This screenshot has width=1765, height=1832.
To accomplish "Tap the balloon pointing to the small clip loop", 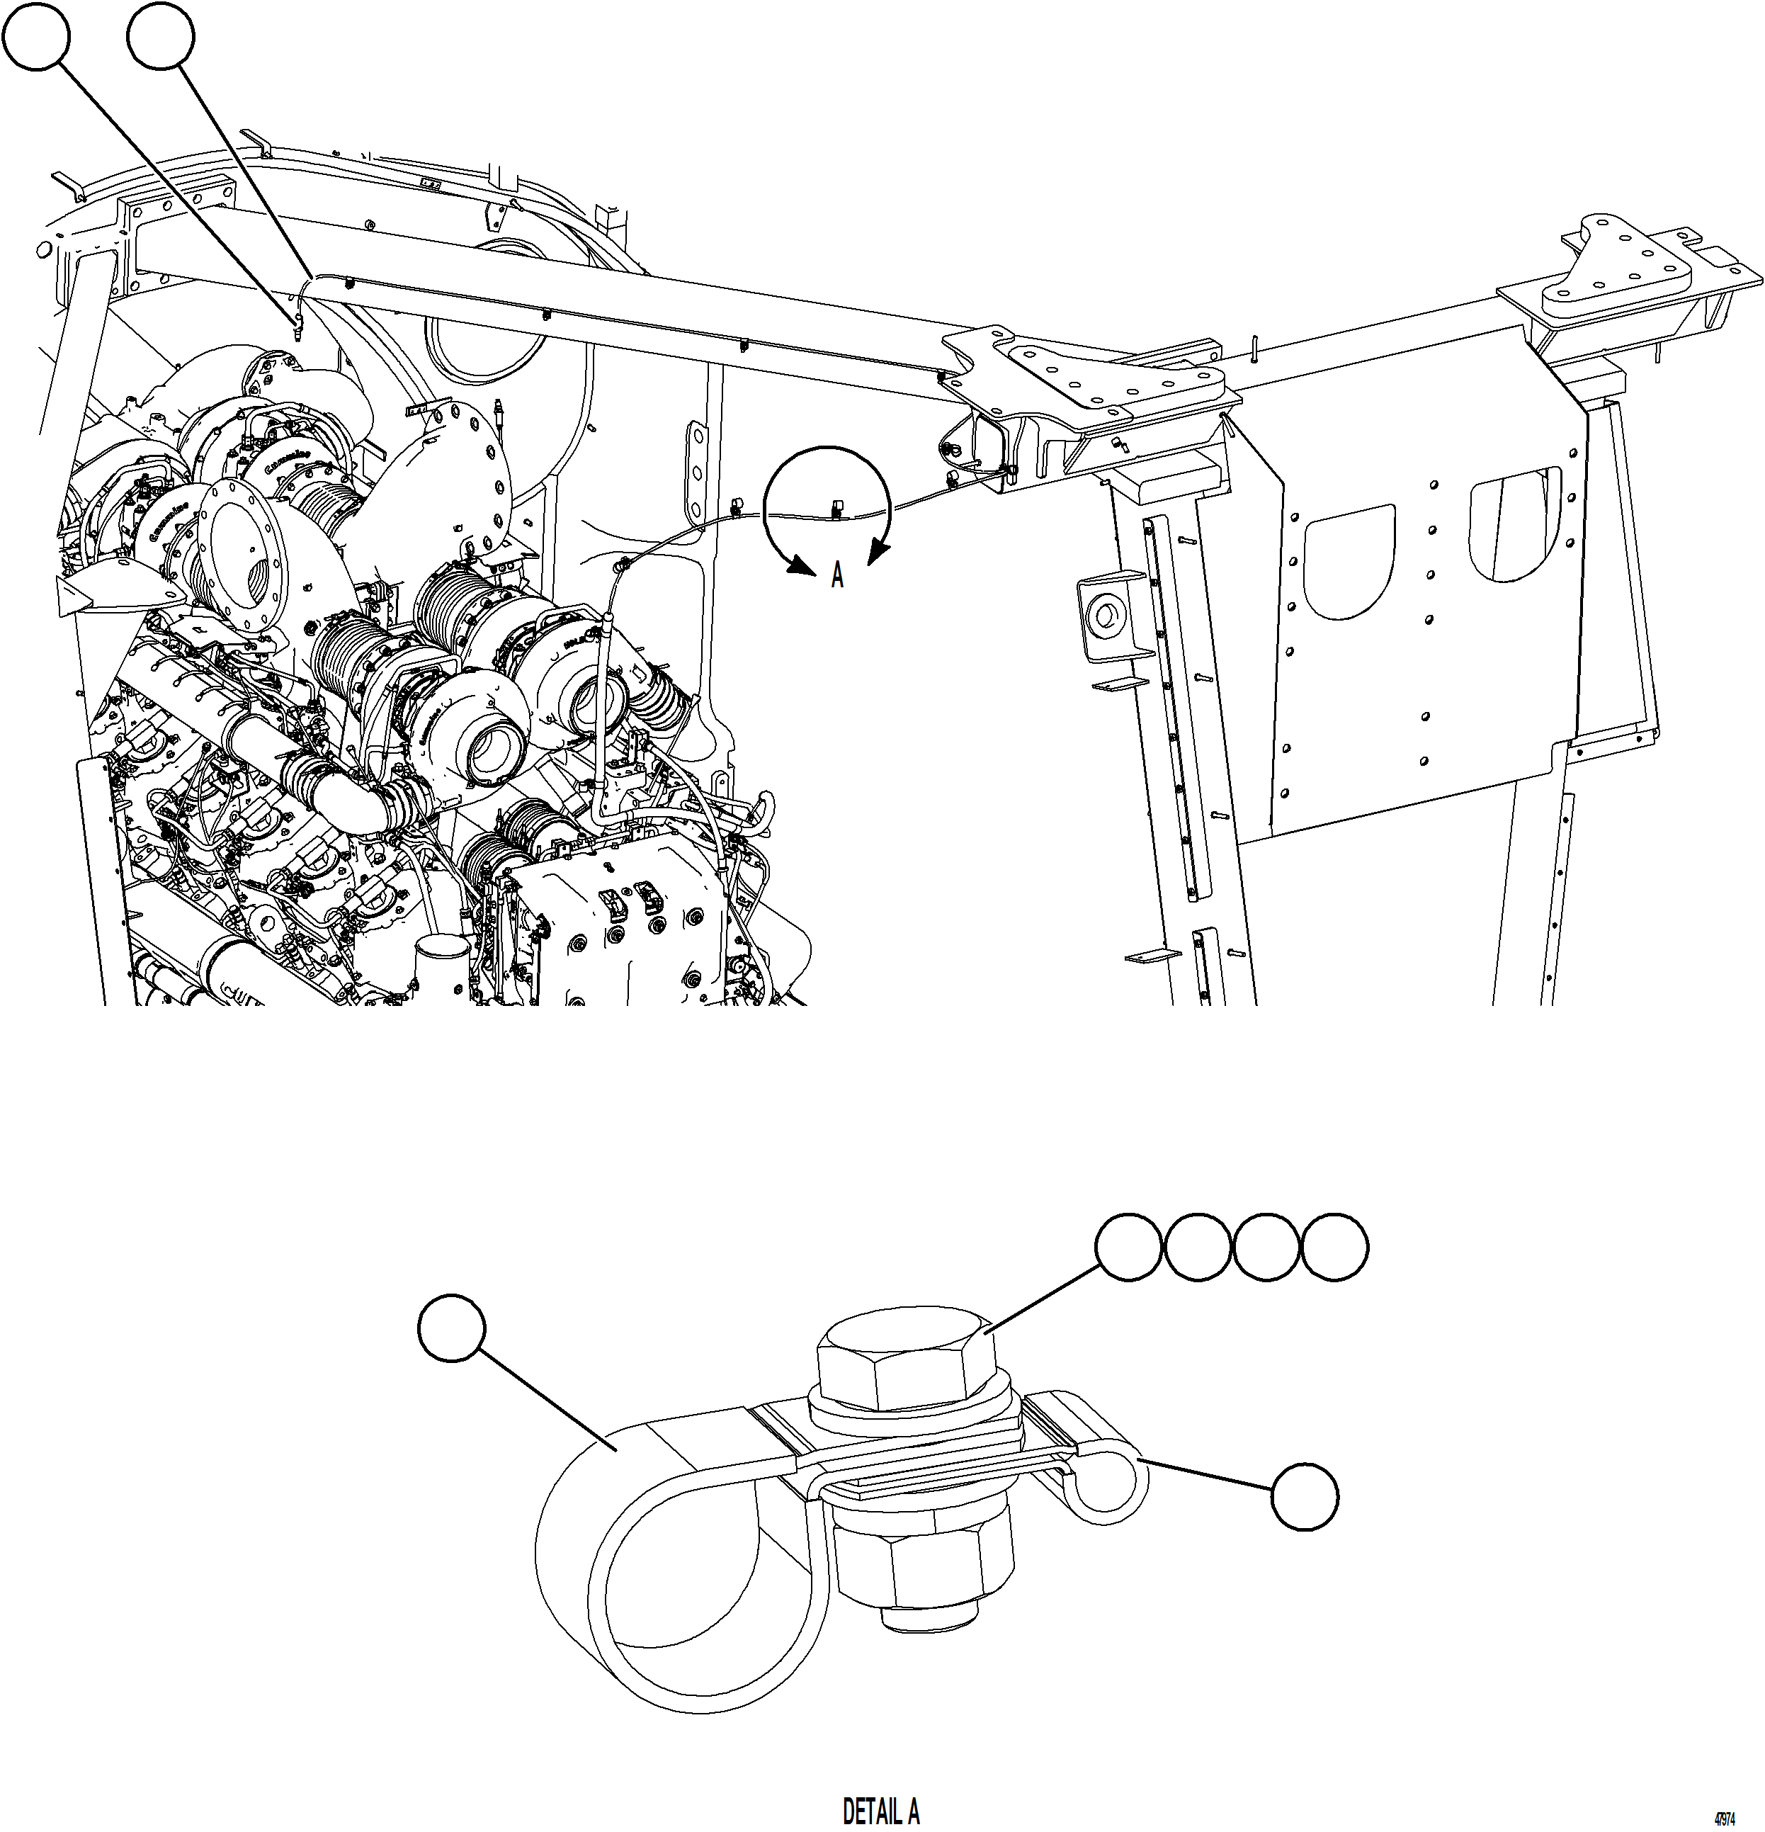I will [x=1305, y=1496].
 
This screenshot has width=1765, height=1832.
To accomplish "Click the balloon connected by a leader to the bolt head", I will [x=1129, y=1247].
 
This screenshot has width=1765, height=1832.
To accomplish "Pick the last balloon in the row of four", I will [x=1335, y=1247].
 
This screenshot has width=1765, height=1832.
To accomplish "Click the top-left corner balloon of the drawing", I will [x=35, y=35].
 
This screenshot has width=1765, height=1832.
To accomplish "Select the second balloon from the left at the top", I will [x=161, y=35].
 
